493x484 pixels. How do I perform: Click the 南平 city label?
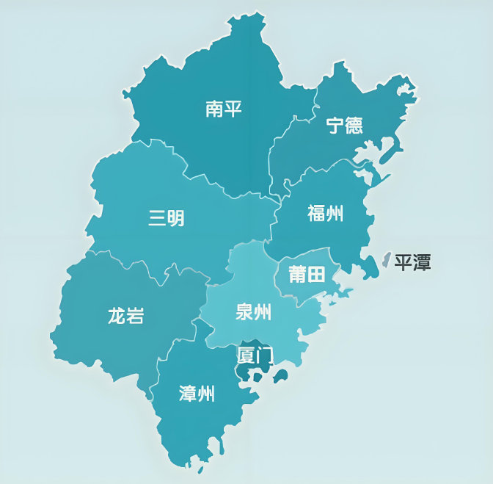click(x=224, y=110)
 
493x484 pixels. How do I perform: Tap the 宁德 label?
click(x=344, y=125)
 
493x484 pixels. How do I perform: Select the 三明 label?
click(x=167, y=218)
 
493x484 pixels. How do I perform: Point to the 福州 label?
click(x=325, y=214)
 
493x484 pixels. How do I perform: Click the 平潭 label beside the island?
click(x=412, y=262)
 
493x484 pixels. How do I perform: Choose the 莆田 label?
click(x=307, y=275)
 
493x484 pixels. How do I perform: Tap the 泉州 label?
click(x=253, y=312)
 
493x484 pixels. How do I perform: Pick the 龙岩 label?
click(x=125, y=317)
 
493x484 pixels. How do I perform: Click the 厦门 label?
click(x=255, y=356)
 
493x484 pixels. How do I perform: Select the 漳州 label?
click(x=197, y=394)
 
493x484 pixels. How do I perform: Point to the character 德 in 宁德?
click(x=354, y=125)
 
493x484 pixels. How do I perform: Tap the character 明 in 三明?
click(x=176, y=218)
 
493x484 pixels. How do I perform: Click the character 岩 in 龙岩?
click(x=135, y=317)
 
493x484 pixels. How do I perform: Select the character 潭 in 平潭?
click(x=422, y=262)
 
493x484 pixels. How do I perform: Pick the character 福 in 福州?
click(x=316, y=214)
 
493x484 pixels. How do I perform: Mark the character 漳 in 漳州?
click(x=188, y=394)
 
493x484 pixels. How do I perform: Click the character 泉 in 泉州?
click(x=244, y=312)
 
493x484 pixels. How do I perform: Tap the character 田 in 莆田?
click(x=316, y=275)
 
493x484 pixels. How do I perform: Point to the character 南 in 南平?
click(x=214, y=110)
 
